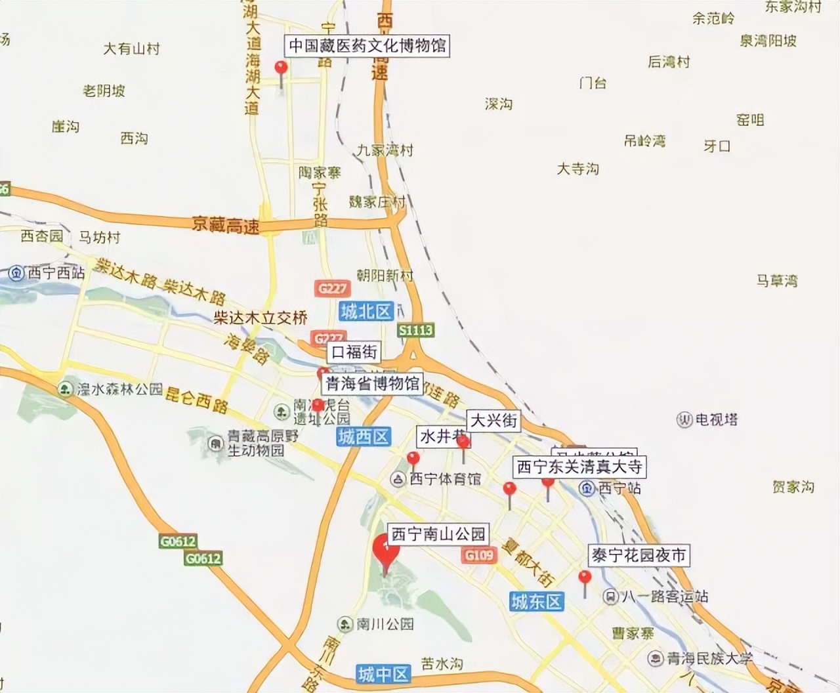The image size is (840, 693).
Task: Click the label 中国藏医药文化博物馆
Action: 368,46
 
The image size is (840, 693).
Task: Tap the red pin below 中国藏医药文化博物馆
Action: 282,68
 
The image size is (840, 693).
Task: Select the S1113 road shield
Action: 415,330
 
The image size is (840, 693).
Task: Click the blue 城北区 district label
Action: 366,312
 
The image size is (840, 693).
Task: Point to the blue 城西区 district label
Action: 364,436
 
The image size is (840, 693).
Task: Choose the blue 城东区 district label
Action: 536,601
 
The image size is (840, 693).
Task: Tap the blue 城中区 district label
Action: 384,673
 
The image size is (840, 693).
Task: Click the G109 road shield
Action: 478,555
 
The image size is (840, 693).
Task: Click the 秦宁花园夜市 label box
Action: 639,556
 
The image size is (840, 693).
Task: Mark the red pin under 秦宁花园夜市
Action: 584,578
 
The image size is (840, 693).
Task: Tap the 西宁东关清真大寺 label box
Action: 579,467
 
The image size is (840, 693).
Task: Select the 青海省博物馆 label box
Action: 372,384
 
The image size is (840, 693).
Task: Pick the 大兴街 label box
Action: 493,421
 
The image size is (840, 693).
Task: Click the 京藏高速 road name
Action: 225,226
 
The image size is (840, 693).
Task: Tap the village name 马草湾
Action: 777,281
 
